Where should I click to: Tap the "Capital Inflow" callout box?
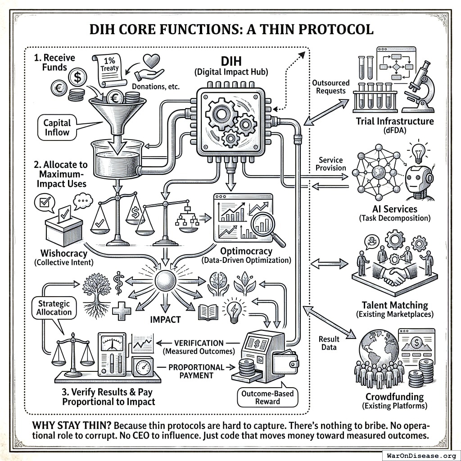pos(57,127)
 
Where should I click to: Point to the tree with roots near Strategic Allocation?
pos(97,295)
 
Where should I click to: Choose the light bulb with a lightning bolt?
pos(234,309)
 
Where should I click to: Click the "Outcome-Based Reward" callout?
pos(267,398)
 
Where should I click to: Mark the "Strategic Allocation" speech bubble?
pos(54,308)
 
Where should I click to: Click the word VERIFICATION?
pos(199,343)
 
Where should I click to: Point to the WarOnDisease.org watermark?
pos(421,455)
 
